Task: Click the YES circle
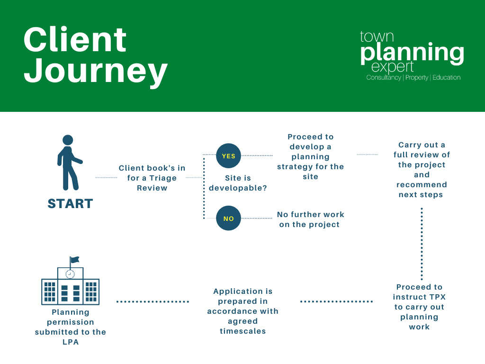pyautogui.click(x=229, y=155)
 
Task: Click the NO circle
pyautogui.click(x=229, y=218)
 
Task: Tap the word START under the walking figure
pyautogui.click(x=70, y=204)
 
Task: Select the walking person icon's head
pyautogui.click(x=68, y=140)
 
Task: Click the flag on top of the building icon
pyautogui.click(x=74, y=260)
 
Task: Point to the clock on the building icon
pyautogui.click(x=70, y=274)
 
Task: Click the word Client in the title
pyautogui.click(x=75, y=39)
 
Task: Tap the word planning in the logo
pyautogui.click(x=413, y=53)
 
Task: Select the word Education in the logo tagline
pyautogui.click(x=446, y=77)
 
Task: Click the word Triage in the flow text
pyautogui.click(x=163, y=178)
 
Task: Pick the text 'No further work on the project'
pyautogui.click(x=310, y=219)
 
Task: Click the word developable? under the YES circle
pyautogui.click(x=238, y=188)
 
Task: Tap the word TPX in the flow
pyautogui.click(x=437, y=297)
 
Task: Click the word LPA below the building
pyautogui.click(x=71, y=342)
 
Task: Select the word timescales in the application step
pyautogui.click(x=243, y=331)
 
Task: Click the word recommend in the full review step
pyautogui.click(x=422, y=185)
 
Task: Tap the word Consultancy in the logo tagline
pyautogui.click(x=384, y=77)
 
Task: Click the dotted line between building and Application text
pyautogui.click(x=153, y=301)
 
